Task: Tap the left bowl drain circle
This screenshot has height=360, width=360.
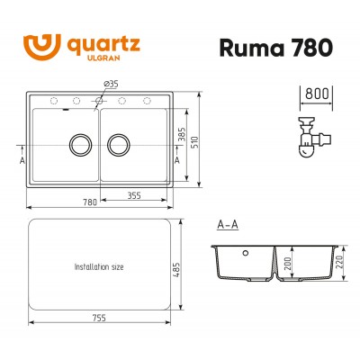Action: click(77, 142)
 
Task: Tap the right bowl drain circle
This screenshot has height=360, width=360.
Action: click(121, 142)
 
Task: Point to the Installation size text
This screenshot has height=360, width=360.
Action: click(99, 267)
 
